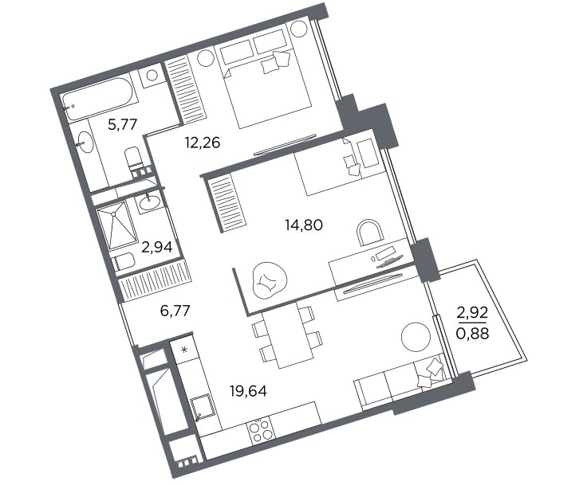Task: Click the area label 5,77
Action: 123,124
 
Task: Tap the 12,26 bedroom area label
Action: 203,143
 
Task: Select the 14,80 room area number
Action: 304,225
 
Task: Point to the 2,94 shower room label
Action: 157,247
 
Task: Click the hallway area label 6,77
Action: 175,311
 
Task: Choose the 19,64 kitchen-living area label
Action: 248,391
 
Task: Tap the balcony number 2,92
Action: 472,314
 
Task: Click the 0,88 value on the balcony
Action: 473,334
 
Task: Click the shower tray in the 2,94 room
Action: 116,225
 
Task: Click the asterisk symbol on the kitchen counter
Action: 184,350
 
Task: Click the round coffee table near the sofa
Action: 416,336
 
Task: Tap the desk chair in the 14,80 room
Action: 368,233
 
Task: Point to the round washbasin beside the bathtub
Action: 85,142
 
